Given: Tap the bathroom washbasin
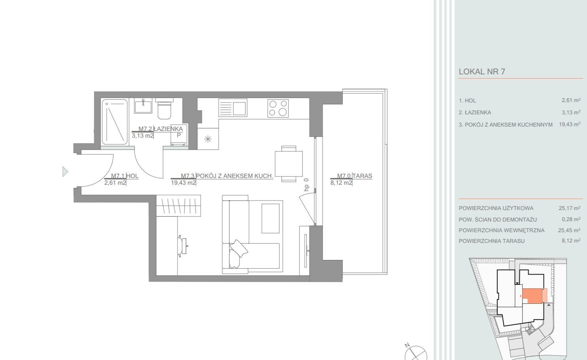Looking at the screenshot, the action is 143,106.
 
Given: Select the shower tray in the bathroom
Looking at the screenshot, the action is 115,122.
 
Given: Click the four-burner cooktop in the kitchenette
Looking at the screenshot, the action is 278,108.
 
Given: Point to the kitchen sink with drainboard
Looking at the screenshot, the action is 233,108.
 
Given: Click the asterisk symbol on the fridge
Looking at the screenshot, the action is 208,139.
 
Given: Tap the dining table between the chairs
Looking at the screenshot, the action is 289,164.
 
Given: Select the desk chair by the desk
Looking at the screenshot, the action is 182,246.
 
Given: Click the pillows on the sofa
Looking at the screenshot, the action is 237,253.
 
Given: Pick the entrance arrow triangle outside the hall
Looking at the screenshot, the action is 65,172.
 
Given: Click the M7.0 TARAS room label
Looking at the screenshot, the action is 355,176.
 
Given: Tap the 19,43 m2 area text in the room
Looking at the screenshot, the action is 183,183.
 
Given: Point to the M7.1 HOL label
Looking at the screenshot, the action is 125,176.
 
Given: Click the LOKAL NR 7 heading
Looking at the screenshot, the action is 482,72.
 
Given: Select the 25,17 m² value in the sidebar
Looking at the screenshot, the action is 570,208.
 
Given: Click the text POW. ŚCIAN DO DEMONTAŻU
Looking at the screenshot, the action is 498,220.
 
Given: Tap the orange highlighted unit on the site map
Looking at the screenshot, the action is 532,296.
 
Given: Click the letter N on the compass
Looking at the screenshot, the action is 407,345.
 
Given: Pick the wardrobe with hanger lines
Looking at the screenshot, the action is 178,206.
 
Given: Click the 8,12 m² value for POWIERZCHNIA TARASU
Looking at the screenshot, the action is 571,241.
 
